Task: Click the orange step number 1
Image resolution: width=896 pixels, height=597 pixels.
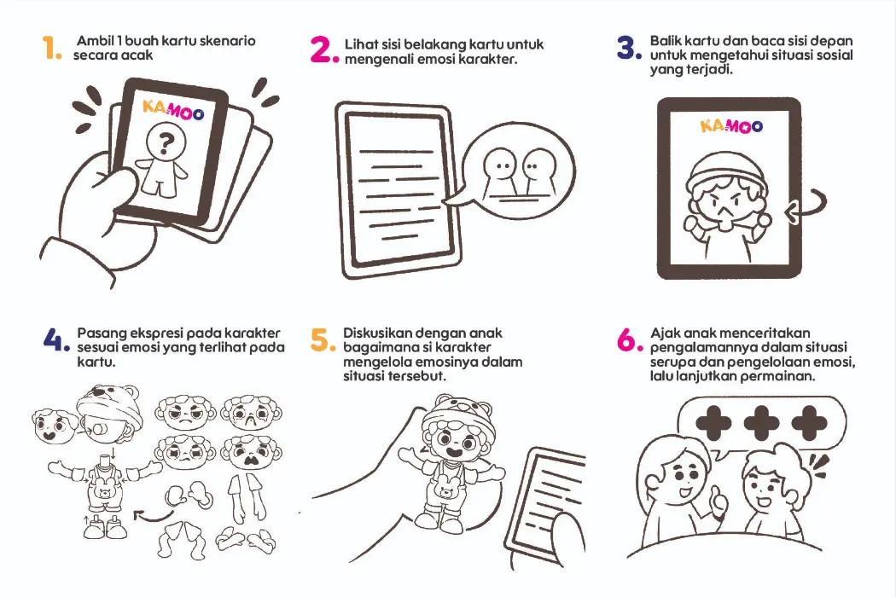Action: point(50,48)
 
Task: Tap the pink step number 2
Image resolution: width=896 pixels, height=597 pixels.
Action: point(324,49)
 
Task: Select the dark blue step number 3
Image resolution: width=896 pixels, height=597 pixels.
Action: point(630,48)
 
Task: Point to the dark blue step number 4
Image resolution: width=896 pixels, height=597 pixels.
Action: point(56,340)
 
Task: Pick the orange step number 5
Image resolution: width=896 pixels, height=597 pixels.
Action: point(323,340)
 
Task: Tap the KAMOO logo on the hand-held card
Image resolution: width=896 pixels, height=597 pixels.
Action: point(172,110)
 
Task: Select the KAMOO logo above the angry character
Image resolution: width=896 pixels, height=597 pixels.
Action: point(731,125)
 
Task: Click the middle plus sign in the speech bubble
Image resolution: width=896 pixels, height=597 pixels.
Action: point(762,423)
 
